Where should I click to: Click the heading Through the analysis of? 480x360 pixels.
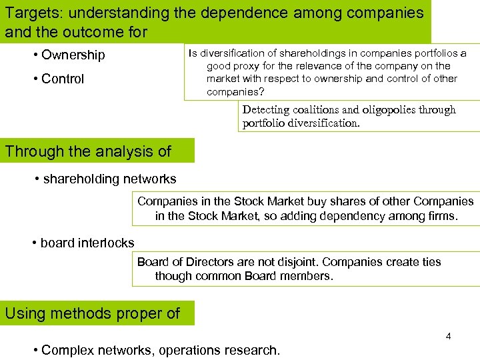pos(89,151)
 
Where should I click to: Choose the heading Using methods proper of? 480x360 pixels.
pos(92,313)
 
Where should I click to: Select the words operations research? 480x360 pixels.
pos(229,350)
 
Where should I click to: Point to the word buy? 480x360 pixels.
pos(317,201)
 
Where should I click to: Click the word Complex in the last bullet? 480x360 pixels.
pos(68,350)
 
